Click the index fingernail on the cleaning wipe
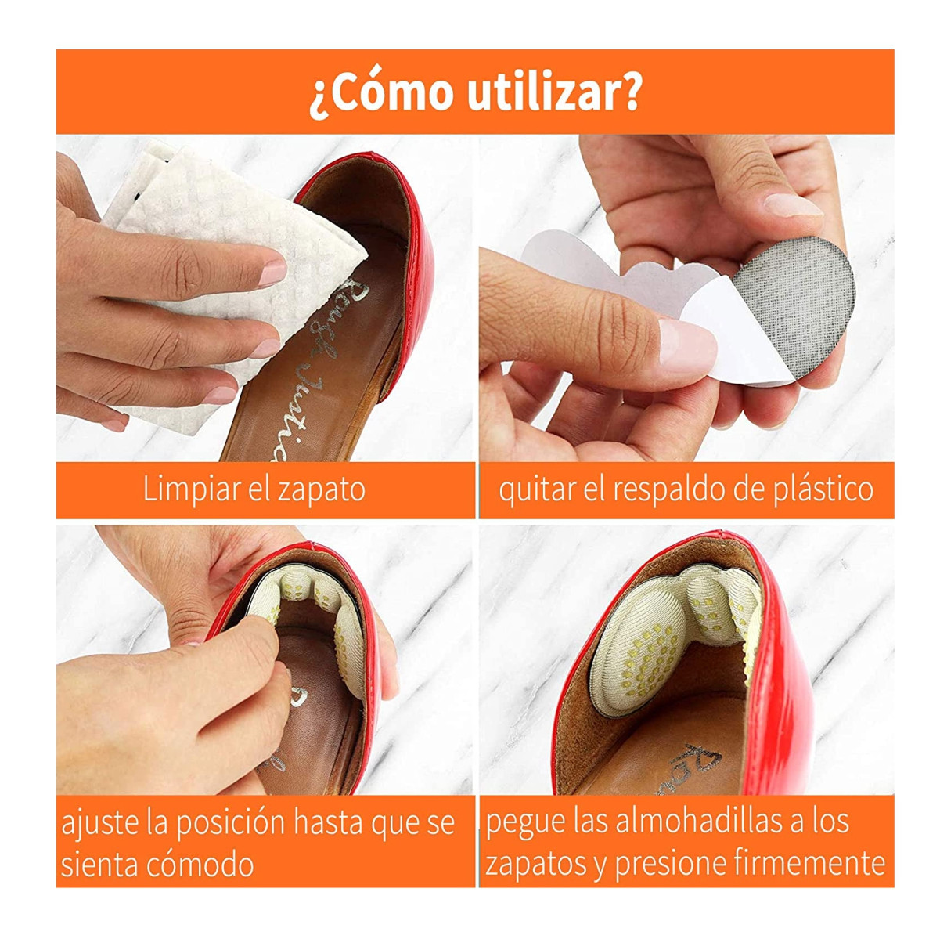click(x=273, y=273)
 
